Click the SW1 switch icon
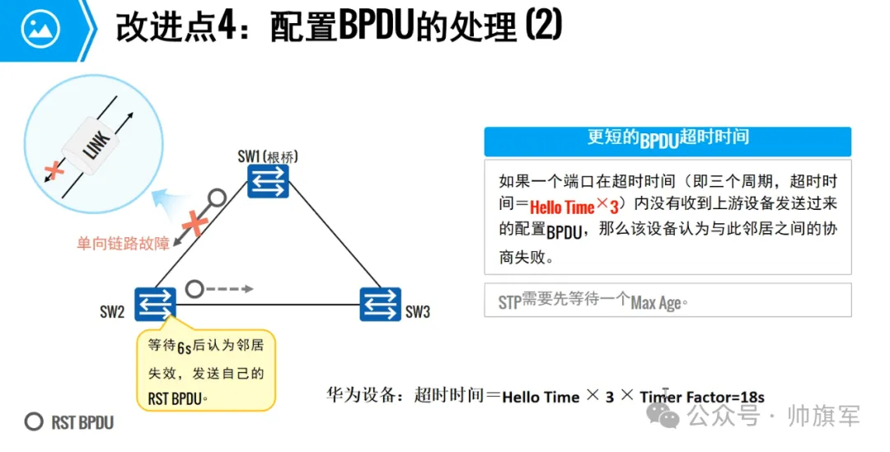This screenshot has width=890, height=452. click(269, 180)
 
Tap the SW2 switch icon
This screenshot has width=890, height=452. click(154, 302)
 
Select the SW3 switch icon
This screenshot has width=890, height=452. click(380, 304)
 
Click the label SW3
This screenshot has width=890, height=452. click(417, 312)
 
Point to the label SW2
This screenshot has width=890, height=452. click(113, 312)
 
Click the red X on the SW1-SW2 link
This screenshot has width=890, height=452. click(195, 222)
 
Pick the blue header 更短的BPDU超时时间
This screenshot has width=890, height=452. click(667, 140)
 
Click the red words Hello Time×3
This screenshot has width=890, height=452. click(574, 206)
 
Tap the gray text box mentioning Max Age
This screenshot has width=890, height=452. click(667, 301)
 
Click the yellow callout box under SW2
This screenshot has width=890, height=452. click(206, 370)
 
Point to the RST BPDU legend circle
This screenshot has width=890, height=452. click(34, 422)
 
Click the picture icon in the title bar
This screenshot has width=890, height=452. click(39, 30)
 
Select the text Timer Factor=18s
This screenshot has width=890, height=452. click(702, 397)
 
